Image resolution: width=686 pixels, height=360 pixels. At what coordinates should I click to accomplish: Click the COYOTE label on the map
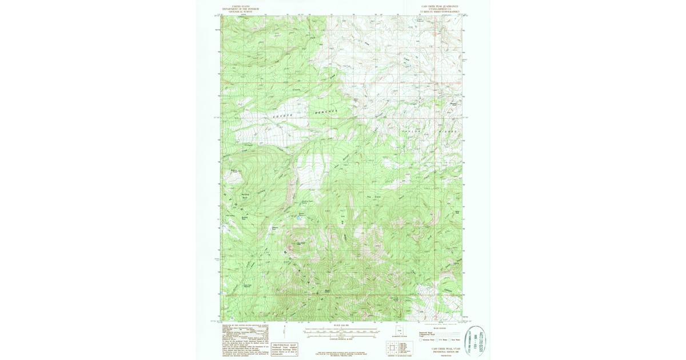pos(282,116)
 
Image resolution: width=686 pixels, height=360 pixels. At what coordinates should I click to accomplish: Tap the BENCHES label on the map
pos(326,111)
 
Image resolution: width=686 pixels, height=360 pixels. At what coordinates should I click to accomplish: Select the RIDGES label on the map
pos(448,131)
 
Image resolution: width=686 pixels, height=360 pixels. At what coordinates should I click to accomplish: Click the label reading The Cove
pos(373,197)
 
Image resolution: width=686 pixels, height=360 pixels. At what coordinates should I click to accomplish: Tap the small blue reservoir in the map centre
pos(298,218)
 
